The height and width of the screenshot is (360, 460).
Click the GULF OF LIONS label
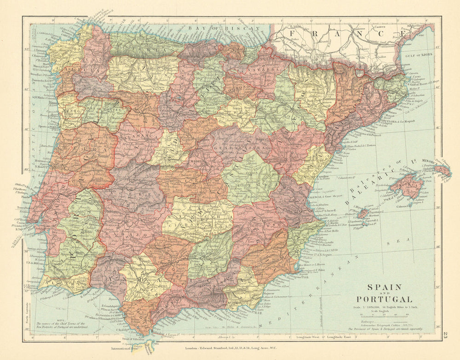tap(417, 55)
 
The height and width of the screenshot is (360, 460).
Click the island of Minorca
tap(442, 170)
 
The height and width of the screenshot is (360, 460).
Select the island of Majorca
tap(407, 186)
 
